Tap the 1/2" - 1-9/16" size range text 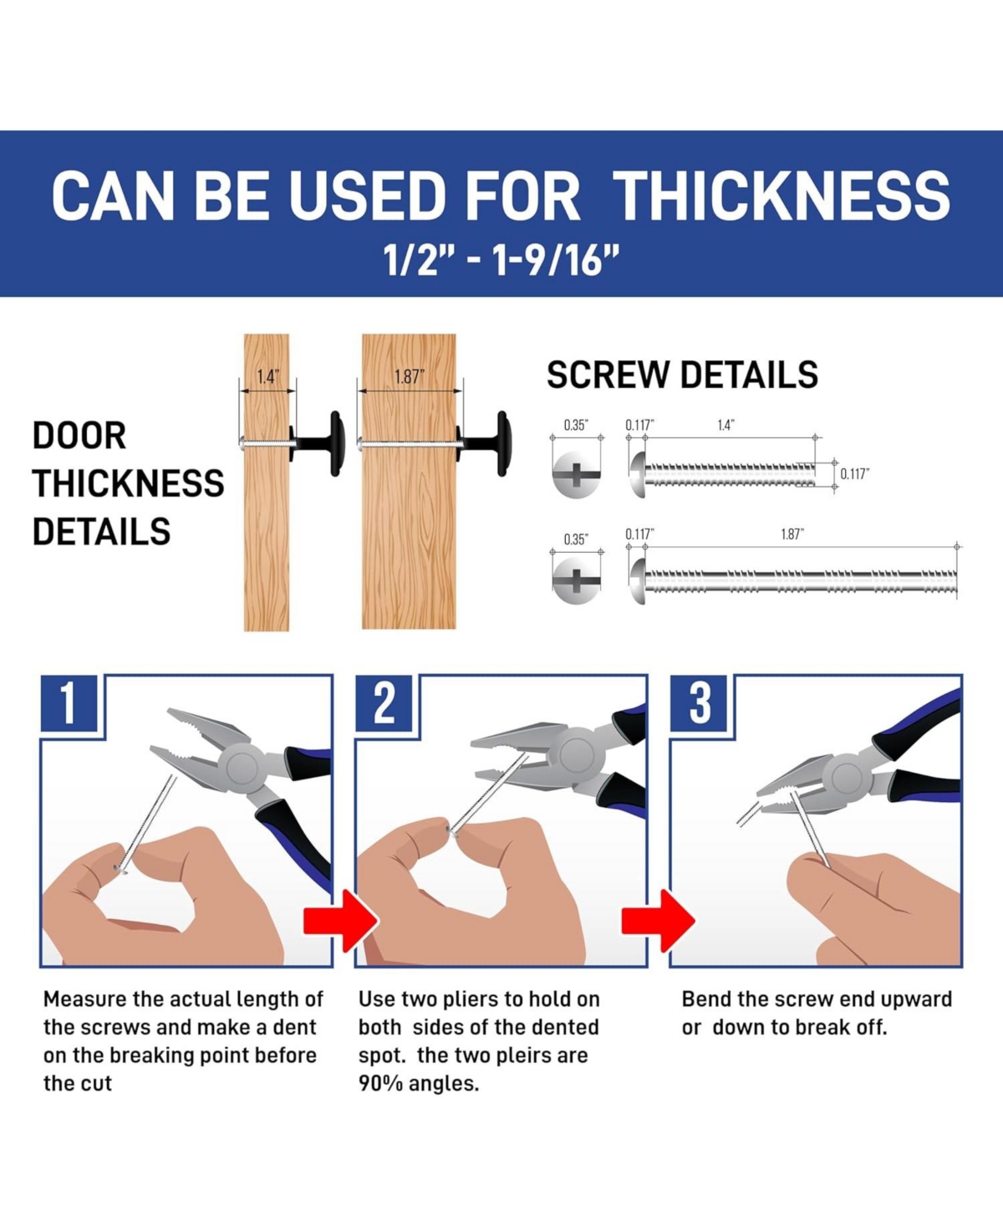pos(501,259)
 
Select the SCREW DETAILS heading pos(682,375)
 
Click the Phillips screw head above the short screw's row pos(575,474)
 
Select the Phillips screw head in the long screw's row pos(575,580)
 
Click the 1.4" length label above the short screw pos(726,426)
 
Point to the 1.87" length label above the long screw pos(792,534)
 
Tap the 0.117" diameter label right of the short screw pos(855,474)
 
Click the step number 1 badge pos(69,702)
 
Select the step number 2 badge pos(384,702)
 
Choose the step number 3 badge pos(699,702)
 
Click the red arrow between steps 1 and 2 pos(340,921)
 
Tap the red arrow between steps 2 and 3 pos(658,921)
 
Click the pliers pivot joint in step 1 pos(243,768)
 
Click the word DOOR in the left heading pos(79,436)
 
